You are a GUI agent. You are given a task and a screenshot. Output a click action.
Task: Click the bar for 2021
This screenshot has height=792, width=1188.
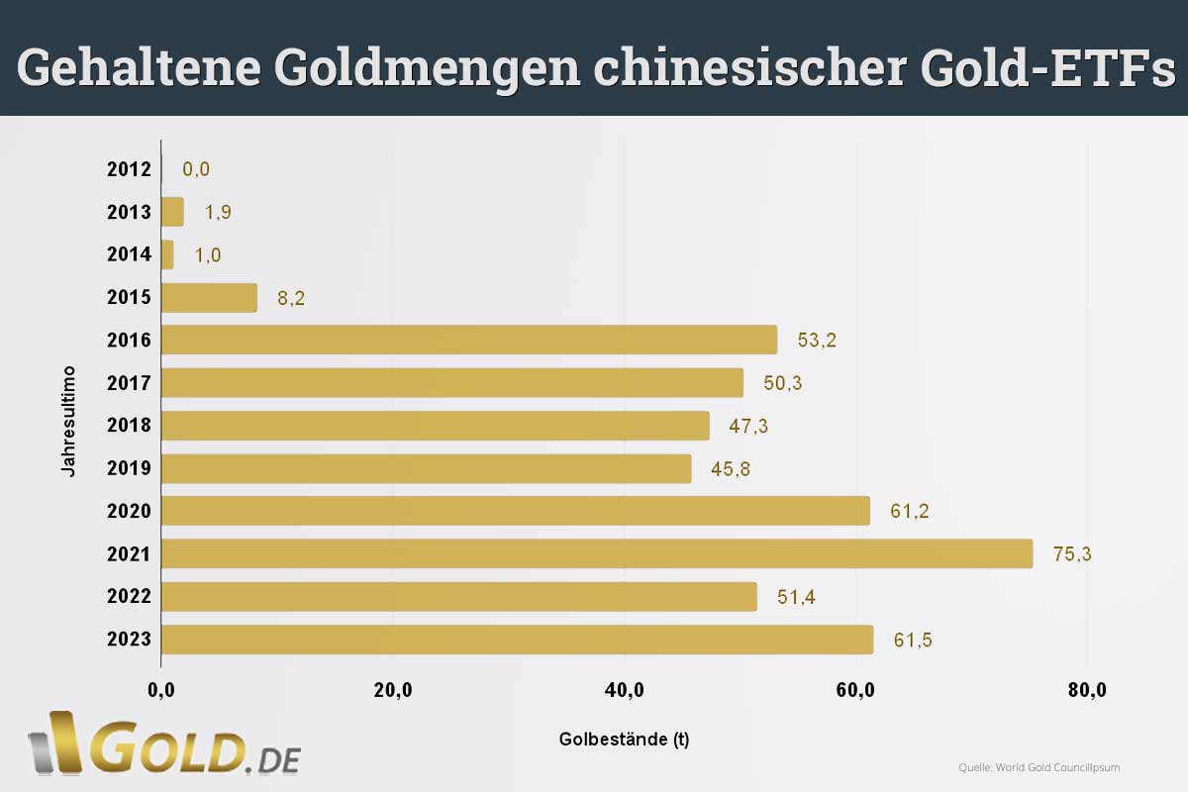(x=596, y=553)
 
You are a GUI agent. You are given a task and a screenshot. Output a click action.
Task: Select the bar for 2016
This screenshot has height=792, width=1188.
(x=468, y=340)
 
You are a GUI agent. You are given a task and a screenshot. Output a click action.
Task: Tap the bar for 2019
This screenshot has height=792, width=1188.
(x=426, y=468)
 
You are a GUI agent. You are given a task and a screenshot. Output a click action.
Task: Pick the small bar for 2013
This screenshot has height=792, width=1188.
(x=172, y=212)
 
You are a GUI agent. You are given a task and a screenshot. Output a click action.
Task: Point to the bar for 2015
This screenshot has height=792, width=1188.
(x=209, y=298)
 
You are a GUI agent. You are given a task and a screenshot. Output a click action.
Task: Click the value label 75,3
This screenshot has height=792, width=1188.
(x=1072, y=554)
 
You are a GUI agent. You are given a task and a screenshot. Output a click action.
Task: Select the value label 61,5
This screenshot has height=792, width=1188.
(x=913, y=641)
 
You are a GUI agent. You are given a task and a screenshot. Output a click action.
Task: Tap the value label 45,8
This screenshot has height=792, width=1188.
(x=731, y=469)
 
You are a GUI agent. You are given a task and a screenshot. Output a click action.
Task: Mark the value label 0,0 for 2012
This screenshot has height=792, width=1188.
(x=196, y=169)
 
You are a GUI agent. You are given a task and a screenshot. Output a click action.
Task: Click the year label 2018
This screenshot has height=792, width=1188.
(x=129, y=426)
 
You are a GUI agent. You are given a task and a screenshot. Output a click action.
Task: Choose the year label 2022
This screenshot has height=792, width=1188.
(x=129, y=597)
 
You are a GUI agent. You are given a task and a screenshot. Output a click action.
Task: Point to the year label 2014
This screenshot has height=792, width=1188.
(x=129, y=254)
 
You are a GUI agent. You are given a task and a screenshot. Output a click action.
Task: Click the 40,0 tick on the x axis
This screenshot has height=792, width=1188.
(x=625, y=690)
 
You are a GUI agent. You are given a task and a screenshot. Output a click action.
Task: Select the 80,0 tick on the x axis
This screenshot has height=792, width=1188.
(x=1087, y=690)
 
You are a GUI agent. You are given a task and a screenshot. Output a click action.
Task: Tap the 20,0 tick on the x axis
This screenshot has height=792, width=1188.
(x=393, y=690)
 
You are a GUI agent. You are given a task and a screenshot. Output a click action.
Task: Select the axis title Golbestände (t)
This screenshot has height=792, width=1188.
(x=624, y=740)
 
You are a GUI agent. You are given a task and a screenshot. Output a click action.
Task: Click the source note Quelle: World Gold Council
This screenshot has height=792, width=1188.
(x=1039, y=767)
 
